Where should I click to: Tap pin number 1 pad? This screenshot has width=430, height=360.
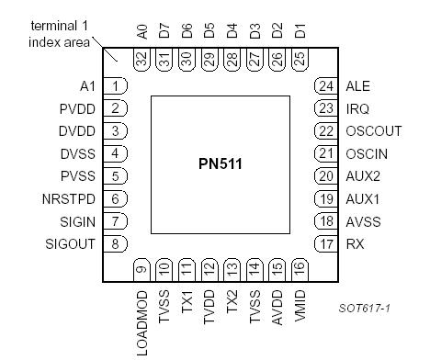(x=115, y=86)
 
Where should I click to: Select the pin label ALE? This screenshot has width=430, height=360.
(x=357, y=86)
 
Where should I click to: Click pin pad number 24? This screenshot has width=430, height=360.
(x=325, y=86)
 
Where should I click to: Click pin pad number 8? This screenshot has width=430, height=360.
(x=115, y=243)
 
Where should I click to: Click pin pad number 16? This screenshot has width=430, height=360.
(x=299, y=270)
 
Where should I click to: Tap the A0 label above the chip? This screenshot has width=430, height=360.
(x=141, y=33)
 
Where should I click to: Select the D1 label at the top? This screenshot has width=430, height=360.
(x=300, y=33)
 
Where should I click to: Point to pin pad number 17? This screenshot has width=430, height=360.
(x=325, y=243)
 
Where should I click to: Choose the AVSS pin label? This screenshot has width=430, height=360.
(x=363, y=221)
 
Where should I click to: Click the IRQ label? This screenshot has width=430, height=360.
(x=357, y=108)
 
